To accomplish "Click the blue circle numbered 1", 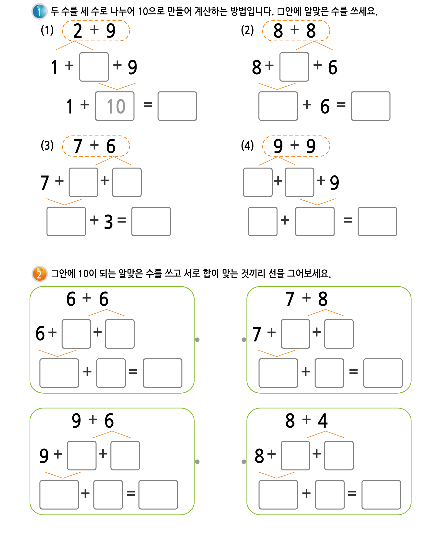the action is coord(39,11).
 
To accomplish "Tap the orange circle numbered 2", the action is coord(39,274).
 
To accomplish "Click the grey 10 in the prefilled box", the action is coord(116,106).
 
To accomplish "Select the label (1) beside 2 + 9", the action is coord(47,30).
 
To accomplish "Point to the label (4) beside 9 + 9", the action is coord(247,146).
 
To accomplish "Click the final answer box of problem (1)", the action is coord(177,106).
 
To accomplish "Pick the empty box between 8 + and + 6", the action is coord(294,67).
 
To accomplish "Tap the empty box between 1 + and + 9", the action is coord(94,67).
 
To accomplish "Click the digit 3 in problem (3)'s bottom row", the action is coord(108,222).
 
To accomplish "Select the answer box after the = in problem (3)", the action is coord(151,221).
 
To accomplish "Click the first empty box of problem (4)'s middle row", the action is coord(258,182).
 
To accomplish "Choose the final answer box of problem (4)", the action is coord(377,221).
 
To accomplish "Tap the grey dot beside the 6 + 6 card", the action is coord(197,340).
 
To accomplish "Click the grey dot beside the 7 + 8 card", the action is coord(244,340).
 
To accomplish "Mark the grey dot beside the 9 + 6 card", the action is coord(197,462).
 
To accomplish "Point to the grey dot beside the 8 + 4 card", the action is coord(244,462).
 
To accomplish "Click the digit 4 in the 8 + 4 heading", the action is coord(323,421).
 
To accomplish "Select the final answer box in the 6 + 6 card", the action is coord(162,373).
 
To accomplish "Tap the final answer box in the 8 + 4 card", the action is coord(381,495).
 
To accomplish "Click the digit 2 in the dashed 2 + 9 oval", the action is coord(78,31).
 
